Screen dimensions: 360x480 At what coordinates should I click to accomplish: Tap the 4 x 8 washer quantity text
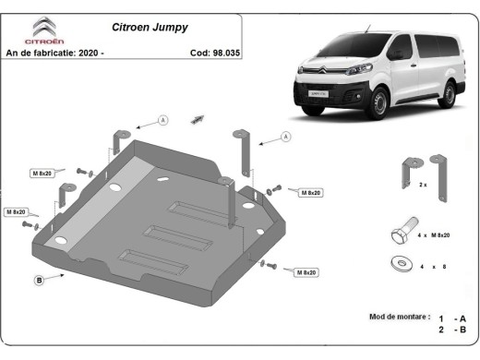pyautogui.click(x=433, y=267)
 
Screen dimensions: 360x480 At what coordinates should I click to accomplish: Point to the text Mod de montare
pyautogui.click(x=399, y=317)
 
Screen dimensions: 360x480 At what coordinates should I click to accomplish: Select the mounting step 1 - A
pyautogui.click(x=452, y=317)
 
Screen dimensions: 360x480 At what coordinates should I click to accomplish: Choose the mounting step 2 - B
pyautogui.click(x=452, y=330)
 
